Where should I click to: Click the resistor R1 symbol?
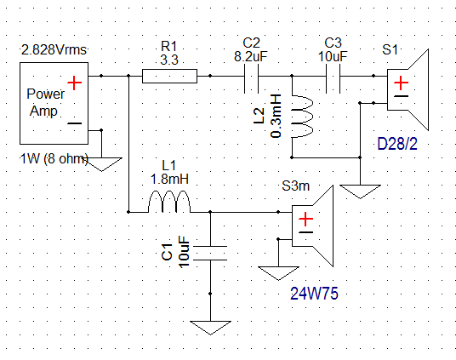[169, 76]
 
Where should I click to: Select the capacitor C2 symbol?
[251, 78]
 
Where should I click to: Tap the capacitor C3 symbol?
[333, 78]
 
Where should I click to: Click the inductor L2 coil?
[303, 117]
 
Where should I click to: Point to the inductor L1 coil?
[169, 202]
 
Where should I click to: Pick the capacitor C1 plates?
[210, 253]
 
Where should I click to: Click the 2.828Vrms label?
[54, 50]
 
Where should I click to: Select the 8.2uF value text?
[251, 56]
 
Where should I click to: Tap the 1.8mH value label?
[169, 179]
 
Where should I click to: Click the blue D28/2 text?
[397, 144]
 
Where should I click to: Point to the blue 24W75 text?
[315, 294]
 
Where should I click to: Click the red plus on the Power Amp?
[75, 83]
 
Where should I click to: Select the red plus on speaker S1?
[401, 83]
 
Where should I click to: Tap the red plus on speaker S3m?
[305, 219]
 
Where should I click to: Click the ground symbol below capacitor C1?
[210, 328]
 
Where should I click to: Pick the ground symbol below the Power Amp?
[101, 164]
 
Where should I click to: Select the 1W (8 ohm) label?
[54, 159]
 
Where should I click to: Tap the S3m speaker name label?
[296, 186]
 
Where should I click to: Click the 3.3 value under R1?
[169, 60]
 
